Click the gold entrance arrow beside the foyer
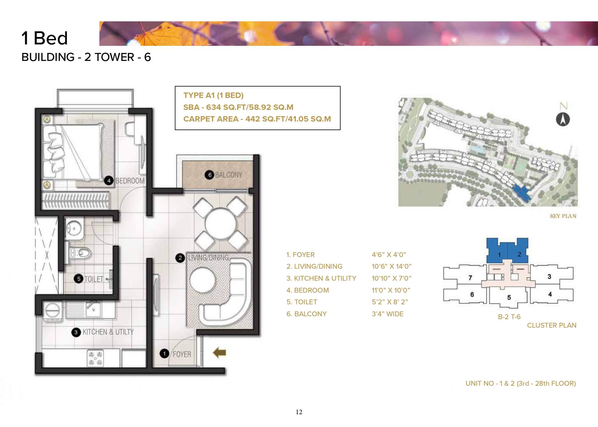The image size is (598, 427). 220,353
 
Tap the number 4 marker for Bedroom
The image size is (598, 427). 109,180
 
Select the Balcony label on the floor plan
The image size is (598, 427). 228,175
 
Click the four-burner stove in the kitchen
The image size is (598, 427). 95,358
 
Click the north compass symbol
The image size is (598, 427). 563,120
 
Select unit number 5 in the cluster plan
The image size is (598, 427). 509,297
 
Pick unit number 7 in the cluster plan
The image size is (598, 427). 470,278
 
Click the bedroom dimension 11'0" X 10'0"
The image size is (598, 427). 391,290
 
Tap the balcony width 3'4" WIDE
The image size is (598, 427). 388,314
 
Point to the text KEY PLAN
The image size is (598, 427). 563,216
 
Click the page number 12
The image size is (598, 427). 299,412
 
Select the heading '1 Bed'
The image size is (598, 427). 45,38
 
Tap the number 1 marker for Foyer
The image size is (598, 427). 164,354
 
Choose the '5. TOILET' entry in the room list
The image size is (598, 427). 302,302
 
